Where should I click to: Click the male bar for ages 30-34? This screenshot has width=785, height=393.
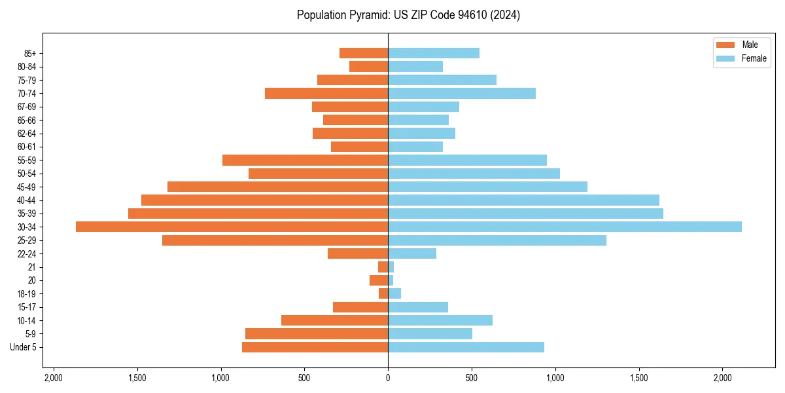pos(232,227)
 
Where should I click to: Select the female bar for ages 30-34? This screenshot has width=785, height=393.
pos(565,227)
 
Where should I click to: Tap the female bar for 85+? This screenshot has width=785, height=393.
pos(434,53)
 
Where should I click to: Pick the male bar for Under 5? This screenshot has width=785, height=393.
pos(315,347)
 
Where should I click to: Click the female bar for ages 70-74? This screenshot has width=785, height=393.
pos(462,93)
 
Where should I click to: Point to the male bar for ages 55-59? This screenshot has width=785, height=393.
pos(305,160)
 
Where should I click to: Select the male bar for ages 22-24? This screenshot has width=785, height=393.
pos(358,253)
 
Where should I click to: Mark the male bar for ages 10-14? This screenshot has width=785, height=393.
pos(334,320)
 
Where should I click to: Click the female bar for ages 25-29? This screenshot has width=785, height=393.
pos(497,240)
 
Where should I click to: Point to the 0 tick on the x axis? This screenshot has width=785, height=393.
pos(388,377)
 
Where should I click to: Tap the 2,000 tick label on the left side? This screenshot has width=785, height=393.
pos(53,377)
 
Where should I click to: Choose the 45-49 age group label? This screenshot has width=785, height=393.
pos(27,187)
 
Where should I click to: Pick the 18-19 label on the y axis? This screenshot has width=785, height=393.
pos(27,293)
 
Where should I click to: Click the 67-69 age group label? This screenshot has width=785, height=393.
pos(27,107)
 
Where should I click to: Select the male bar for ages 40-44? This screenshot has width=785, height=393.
pos(264,200)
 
